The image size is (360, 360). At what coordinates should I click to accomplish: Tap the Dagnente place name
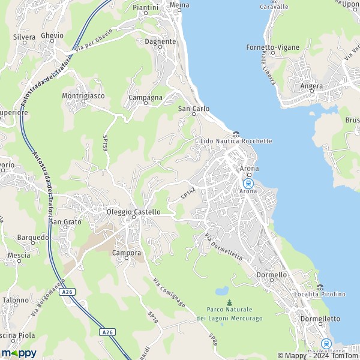(160, 41)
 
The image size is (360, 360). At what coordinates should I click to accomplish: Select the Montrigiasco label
(83, 96)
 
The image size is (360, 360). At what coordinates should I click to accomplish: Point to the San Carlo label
(194, 109)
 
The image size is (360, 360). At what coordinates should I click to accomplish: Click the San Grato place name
(65, 222)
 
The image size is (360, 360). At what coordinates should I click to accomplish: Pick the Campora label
(127, 253)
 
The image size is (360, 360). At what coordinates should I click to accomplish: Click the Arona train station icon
(247, 183)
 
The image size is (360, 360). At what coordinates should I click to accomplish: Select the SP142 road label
(188, 193)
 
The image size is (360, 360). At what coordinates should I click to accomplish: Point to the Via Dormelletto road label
(224, 247)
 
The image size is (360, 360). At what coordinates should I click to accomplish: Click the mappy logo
(19, 353)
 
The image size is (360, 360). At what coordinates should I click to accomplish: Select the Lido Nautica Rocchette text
(235, 141)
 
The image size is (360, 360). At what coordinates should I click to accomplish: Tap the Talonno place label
(15, 300)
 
